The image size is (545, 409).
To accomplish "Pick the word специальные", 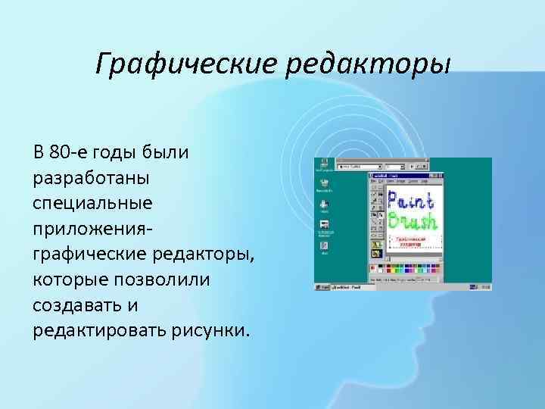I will click(x=93, y=203).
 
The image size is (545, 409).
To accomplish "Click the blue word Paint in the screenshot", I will click(x=410, y=201).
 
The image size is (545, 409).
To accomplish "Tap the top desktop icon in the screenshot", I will click(x=324, y=164).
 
